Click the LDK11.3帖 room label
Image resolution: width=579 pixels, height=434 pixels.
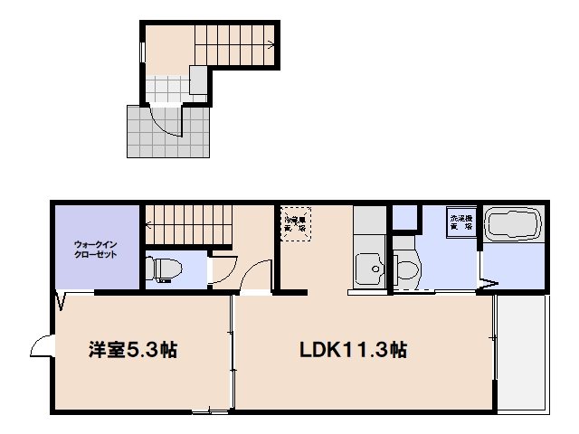pyautogui.click(x=353, y=350)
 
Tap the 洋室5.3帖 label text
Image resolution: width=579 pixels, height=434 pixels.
pyautogui.click(x=132, y=350)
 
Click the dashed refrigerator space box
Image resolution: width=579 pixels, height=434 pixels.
pyautogui.click(x=295, y=223)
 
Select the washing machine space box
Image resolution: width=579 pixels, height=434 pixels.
pyautogui.click(x=459, y=222)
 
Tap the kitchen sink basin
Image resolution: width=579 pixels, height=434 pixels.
pyautogui.click(x=369, y=269)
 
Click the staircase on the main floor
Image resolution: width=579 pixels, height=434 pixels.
pyautogui.click(x=187, y=224)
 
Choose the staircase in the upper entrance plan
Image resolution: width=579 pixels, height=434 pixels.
pyautogui.click(x=237, y=43)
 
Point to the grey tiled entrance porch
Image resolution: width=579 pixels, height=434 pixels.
pyautogui.click(x=145, y=136)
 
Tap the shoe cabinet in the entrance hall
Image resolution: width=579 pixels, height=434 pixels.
pyautogui.click(x=198, y=80)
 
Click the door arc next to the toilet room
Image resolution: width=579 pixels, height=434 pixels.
pyautogui.click(x=223, y=270)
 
